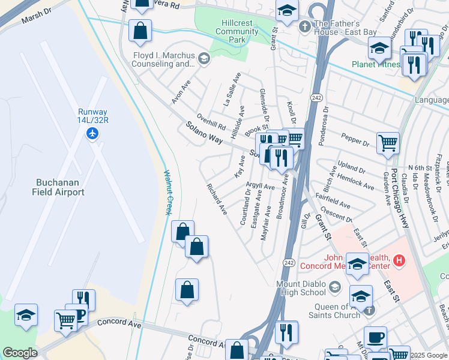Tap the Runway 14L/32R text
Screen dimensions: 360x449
click(x=92, y=116)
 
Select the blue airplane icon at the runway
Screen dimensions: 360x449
click(x=92, y=133)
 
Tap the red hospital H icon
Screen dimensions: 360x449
click(x=399, y=261)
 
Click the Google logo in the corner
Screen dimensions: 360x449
click(x=20, y=353)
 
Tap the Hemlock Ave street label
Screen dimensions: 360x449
click(x=356, y=182)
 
